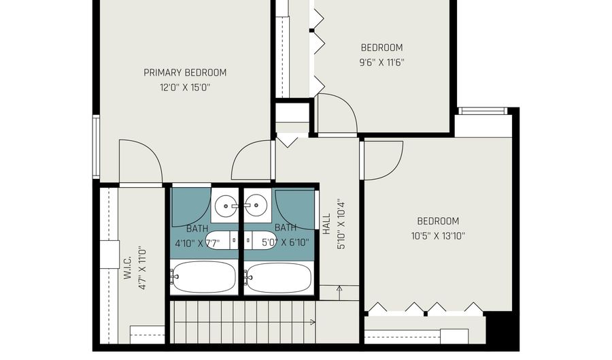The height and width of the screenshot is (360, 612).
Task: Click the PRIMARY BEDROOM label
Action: pyautogui.click(x=185, y=73)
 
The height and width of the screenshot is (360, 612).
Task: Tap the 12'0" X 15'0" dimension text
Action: pyautogui.click(x=185, y=88)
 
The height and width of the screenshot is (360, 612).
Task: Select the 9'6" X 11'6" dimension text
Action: pyautogui.click(x=381, y=63)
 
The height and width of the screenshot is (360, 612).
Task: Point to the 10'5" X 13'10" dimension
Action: pyautogui.click(x=438, y=236)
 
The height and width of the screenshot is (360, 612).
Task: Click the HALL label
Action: pyautogui.click(x=326, y=224)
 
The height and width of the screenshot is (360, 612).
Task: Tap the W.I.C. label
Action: pyautogui.click(x=128, y=267)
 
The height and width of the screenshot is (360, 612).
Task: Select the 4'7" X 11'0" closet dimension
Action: pyautogui.click(x=143, y=267)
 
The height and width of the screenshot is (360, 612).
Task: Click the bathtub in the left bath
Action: pyautogui.click(x=204, y=277)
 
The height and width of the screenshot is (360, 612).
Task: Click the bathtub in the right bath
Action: pyautogui.click(x=279, y=277)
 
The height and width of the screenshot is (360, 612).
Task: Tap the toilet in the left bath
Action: pyautogui.click(x=221, y=240)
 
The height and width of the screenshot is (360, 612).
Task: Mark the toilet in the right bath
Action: pyautogui.click(x=260, y=240)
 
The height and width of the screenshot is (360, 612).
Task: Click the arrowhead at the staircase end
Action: pyautogui.click(x=313, y=322)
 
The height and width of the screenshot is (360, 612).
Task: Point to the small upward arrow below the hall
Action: pyautogui.click(x=339, y=293)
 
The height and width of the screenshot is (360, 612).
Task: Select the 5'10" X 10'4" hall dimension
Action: pyautogui.click(x=341, y=225)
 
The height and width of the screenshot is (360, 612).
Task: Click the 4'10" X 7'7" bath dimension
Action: pyautogui.click(x=197, y=243)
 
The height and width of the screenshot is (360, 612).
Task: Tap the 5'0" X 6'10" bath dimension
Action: pyautogui.click(x=286, y=242)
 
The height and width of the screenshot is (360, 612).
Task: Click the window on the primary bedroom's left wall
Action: pyautogui.click(x=96, y=146)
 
